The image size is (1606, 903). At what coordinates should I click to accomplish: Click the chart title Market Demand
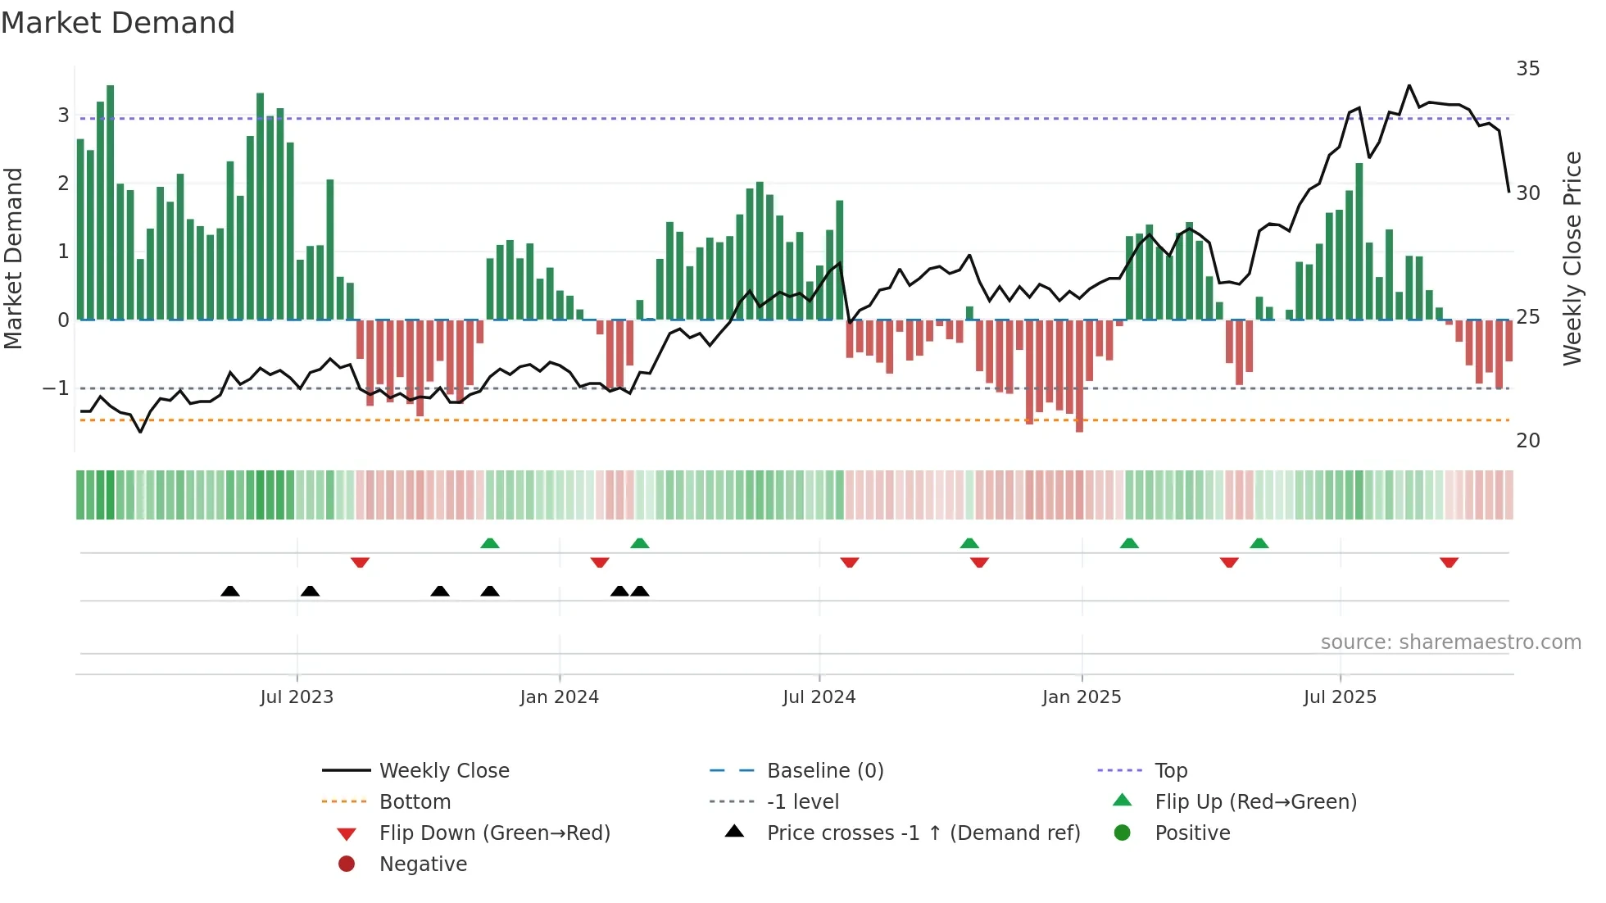(118, 23)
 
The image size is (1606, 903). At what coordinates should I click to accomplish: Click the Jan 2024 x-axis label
(560, 697)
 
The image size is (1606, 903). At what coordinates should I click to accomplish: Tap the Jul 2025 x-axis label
(1340, 697)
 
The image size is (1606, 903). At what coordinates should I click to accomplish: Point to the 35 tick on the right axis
(1527, 69)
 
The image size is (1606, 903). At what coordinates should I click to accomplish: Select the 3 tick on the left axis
(63, 116)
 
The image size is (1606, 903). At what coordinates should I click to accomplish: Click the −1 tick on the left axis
(57, 388)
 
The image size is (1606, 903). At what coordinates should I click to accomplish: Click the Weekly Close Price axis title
(1572, 258)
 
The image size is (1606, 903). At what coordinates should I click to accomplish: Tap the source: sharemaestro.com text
(1450, 642)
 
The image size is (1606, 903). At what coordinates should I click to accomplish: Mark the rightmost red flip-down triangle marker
(1449, 562)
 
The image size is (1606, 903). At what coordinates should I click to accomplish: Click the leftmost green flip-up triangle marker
(489, 543)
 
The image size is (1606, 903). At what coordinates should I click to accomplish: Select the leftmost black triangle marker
(230, 591)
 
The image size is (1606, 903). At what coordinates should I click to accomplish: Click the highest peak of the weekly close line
(1409, 85)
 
